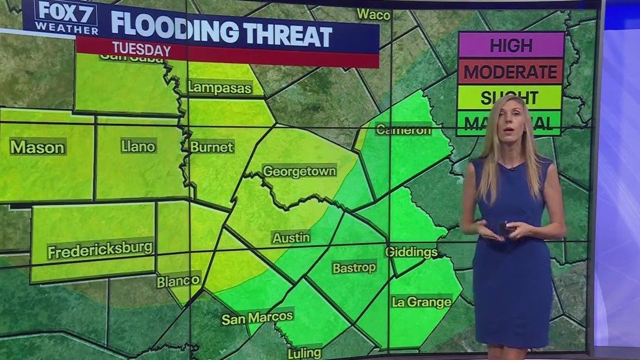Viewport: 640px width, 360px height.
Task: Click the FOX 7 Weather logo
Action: pos(66,18)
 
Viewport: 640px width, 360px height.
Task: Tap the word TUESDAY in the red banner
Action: pos(142,50)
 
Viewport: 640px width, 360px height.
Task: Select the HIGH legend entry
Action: pos(511,45)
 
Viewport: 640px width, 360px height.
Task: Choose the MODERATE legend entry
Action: pos(511,72)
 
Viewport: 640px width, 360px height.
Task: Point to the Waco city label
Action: pos(374,14)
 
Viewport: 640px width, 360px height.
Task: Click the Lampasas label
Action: pos(220,88)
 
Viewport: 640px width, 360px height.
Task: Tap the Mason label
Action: pos(37,146)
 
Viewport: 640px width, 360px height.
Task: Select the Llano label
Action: pos(138,146)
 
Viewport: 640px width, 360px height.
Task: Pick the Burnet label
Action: pos(212,146)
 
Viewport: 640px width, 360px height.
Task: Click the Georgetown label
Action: pos(299,171)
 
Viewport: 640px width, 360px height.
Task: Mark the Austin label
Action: pos(291,238)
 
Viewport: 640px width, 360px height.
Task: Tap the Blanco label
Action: pos(178,282)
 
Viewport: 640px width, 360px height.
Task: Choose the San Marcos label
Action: pos(257,318)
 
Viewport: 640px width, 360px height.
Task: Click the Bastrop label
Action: pos(354,267)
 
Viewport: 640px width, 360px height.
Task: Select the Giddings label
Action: pos(412,253)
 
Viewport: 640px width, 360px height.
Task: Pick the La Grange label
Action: pos(422,302)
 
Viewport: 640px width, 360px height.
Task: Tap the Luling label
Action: pos(304,353)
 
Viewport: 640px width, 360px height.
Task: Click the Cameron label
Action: pos(403,130)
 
